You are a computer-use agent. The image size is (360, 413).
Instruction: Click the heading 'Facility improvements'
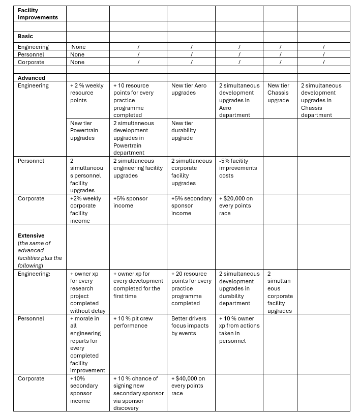[38, 13]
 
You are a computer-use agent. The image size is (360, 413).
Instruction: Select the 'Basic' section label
[25, 36]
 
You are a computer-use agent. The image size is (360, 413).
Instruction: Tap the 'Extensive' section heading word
[31, 235]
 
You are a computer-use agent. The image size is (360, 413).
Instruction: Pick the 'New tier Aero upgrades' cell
[189, 89]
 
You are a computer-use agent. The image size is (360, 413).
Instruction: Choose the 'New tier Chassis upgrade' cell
[278, 93]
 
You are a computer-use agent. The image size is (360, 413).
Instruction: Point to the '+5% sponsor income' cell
[130, 202]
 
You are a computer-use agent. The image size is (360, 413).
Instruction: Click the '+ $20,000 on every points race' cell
[236, 205]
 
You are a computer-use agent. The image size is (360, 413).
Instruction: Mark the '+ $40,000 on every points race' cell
[188, 386]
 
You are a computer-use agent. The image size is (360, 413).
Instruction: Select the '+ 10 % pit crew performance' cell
[133, 322]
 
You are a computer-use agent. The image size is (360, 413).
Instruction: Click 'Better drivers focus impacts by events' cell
[190, 326]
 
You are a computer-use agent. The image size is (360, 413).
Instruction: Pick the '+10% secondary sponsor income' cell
[83, 390]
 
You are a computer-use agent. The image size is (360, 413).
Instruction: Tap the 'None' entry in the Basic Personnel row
[77, 54]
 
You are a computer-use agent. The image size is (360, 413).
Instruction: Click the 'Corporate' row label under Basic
[31, 62]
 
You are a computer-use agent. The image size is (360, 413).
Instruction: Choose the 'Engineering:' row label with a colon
[34, 274]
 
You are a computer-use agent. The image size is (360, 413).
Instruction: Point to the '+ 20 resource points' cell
[191, 288]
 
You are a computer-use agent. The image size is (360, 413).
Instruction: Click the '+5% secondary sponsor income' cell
[191, 205]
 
